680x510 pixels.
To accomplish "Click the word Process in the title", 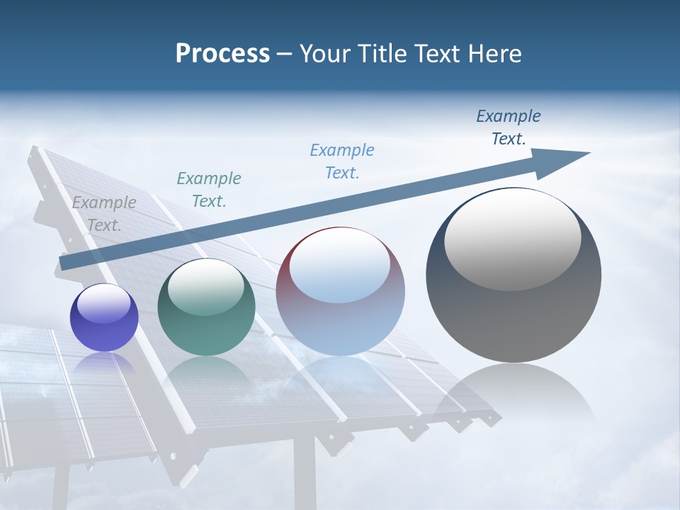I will (222, 54).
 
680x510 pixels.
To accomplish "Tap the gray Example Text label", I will (103, 213).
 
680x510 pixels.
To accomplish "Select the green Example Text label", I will (208, 189).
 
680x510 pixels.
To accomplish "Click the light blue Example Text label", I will (341, 161).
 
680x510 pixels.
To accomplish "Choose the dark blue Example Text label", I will (508, 127).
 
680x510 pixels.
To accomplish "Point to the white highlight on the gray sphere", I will (512, 238).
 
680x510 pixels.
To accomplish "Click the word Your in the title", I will (326, 54).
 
